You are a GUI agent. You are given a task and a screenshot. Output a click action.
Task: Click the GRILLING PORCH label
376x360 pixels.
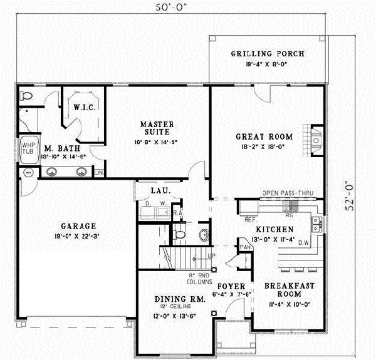pyautogui.click(x=267, y=54)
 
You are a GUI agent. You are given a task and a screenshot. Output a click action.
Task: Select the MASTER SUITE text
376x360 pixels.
pyautogui.click(x=157, y=129)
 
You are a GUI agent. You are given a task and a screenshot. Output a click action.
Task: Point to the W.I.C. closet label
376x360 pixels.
pyautogui.click(x=83, y=108)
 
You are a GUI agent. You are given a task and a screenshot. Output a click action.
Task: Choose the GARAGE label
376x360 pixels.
pyautogui.click(x=78, y=226)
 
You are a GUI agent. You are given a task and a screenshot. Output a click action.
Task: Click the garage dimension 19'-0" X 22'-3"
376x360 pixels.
pyautogui.click(x=78, y=237)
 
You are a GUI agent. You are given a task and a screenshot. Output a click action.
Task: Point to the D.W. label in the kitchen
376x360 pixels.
pyautogui.click(x=303, y=242)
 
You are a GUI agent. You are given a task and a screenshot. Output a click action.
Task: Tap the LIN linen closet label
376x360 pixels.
pyautogui.click(x=99, y=172)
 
